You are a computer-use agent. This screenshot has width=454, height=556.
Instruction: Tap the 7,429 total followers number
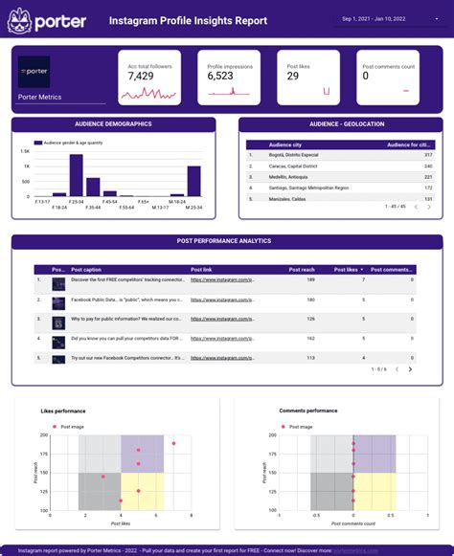point(141,76)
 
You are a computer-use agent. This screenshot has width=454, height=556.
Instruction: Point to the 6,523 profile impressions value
point(220,76)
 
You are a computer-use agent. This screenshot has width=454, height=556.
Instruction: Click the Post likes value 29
point(293,76)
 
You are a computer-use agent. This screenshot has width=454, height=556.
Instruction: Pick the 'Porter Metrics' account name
point(39,96)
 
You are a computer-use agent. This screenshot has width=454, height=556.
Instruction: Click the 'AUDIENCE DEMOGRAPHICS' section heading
point(113,124)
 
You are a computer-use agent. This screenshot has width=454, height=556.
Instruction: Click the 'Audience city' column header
point(285,145)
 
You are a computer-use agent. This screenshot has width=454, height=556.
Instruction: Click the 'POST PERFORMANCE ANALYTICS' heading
point(224,241)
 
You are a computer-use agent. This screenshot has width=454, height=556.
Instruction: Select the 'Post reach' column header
point(302,270)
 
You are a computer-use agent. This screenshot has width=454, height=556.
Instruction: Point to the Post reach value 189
point(310,280)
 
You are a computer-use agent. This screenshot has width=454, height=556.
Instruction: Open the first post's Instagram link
point(222,280)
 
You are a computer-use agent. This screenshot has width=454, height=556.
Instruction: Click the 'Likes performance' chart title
point(62,411)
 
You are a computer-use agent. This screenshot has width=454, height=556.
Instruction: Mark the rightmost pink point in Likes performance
point(173,444)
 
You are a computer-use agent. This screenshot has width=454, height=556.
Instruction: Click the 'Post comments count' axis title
point(353,523)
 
